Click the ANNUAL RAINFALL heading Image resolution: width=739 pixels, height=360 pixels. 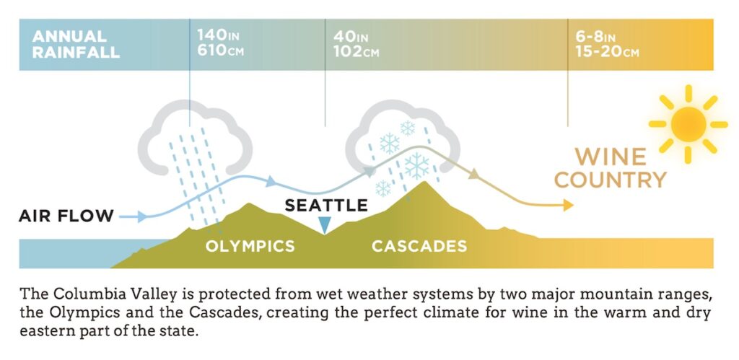[76, 44]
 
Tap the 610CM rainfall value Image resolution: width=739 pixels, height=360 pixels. [221, 51]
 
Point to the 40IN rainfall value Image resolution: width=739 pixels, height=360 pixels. [351, 36]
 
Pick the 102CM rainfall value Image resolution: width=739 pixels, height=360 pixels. [356, 51]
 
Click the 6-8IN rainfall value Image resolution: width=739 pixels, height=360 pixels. [595, 36]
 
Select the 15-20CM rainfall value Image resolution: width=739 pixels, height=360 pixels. [607, 51]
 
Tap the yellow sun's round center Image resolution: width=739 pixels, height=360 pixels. [688, 124]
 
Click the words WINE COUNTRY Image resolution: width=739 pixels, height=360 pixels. [611, 168]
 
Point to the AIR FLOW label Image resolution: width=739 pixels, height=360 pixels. [66, 216]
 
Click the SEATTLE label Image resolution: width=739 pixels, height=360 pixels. [326, 206]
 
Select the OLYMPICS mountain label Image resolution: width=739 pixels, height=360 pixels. [250, 246]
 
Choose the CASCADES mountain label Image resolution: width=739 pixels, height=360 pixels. [419, 246]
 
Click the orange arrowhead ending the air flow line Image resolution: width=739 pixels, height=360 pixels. [568, 206]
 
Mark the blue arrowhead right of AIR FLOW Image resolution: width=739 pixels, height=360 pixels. [142, 216]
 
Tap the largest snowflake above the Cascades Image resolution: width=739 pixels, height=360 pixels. [416, 166]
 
